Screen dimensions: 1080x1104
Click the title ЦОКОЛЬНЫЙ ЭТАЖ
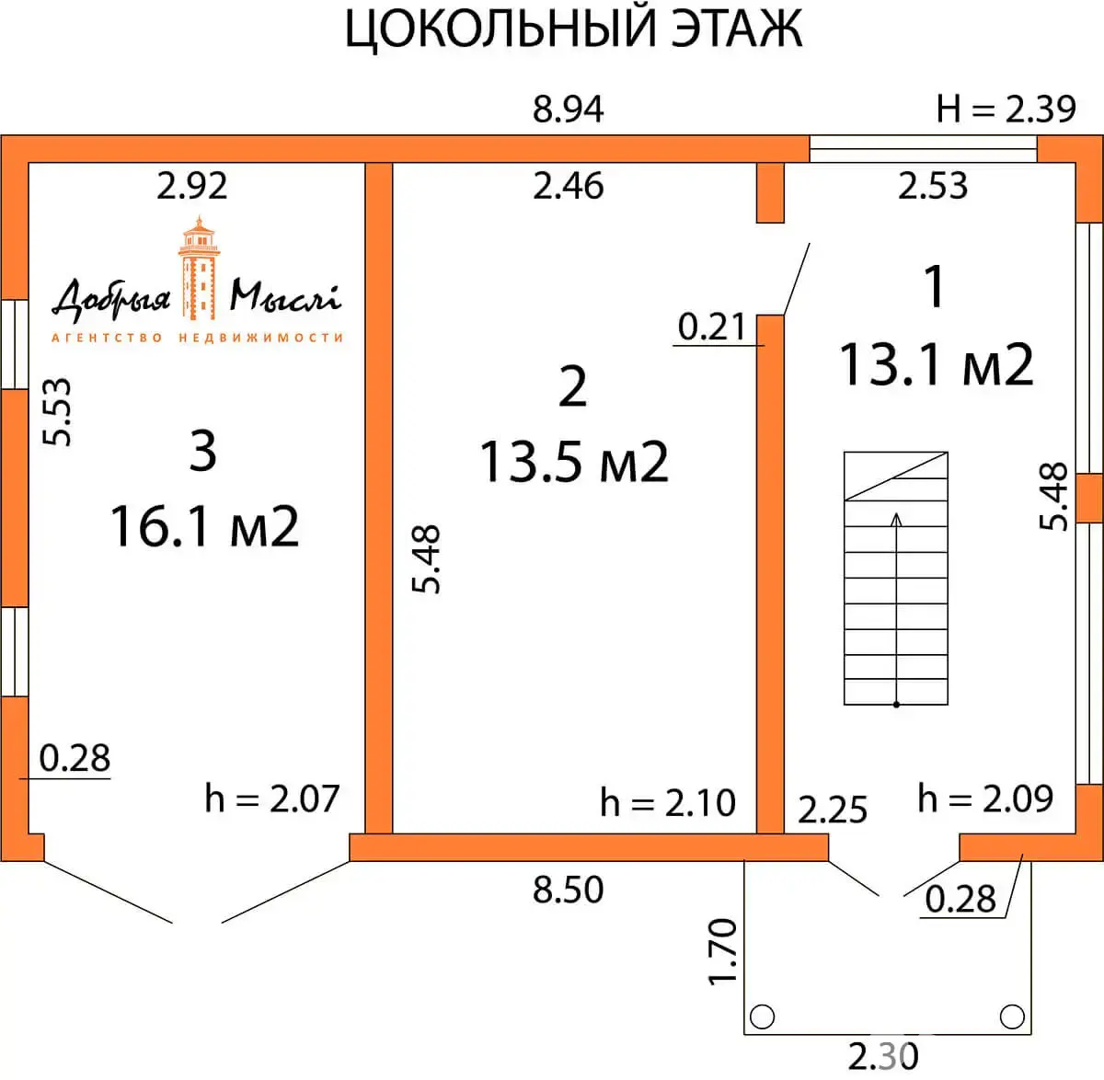(573, 29)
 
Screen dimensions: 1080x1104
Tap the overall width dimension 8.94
(568, 109)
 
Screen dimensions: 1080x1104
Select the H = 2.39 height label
(1006, 109)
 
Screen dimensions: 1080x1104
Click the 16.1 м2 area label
(204, 526)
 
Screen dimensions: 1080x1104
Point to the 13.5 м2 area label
(574, 461)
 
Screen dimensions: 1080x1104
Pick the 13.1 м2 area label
(936, 364)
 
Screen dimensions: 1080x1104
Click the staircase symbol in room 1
(896, 578)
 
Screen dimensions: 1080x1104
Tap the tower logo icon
(198, 267)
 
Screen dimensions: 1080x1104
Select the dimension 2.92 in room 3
(191, 186)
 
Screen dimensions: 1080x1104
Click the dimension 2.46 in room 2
(568, 186)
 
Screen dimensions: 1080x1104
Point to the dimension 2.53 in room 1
(933, 186)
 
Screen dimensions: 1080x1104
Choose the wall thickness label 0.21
(711, 327)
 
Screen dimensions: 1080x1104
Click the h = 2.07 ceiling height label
(272, 798)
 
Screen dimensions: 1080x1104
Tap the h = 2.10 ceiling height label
(668, 802)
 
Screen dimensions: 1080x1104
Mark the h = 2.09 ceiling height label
(985, 798)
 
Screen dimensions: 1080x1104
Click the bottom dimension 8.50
(568, 890)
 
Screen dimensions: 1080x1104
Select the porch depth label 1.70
(723, 951)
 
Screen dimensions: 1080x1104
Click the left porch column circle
(763, 1017)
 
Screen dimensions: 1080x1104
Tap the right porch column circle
(1012, 1017)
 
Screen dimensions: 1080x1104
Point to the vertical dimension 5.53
(58, 412)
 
